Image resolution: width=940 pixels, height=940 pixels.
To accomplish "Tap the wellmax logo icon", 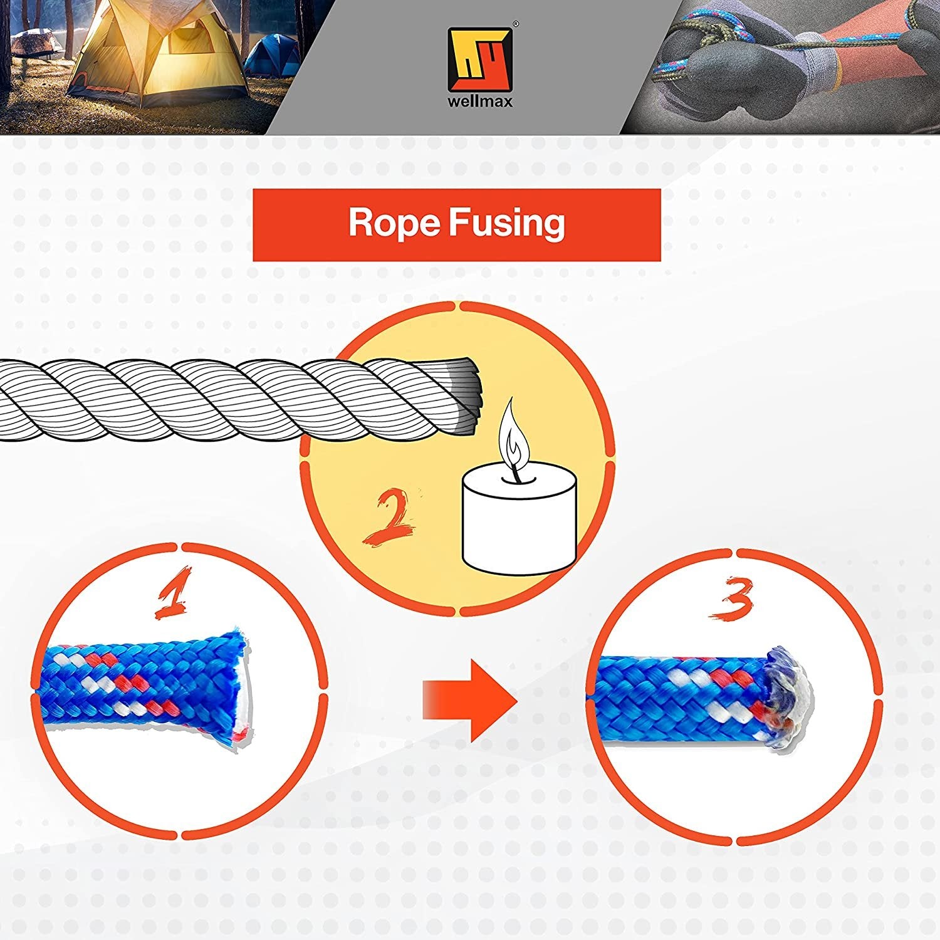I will click(x=480, y=60).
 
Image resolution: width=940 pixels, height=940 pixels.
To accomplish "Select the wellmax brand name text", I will click(x=480, y=102).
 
